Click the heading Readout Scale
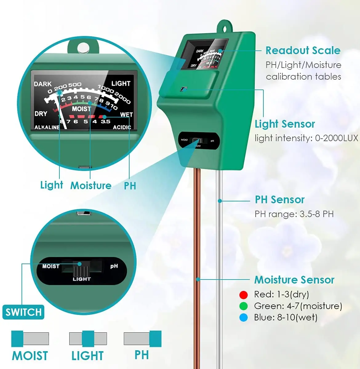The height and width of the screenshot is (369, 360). [303, 50]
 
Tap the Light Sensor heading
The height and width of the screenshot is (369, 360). [285, 124]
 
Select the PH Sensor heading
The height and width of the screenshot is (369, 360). [279, 200]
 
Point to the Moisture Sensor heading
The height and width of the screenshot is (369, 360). [294, 280]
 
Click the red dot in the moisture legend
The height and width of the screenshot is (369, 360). [243, 295]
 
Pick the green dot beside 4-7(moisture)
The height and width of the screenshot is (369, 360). [243, 306]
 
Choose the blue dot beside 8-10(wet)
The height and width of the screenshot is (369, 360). [243, 318]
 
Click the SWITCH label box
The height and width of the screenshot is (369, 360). [23, 312]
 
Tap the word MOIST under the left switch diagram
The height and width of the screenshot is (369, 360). [30, 356]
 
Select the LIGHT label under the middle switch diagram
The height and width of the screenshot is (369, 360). [87, 356]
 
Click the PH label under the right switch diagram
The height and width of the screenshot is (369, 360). [142, 355]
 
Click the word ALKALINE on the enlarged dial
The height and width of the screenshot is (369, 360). [47, 127]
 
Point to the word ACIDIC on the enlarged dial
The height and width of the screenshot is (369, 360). [122, 127]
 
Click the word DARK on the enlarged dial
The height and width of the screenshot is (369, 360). [43, 84]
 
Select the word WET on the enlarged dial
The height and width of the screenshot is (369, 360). [126, 114]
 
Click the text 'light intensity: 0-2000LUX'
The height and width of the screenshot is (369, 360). [306, 138]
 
